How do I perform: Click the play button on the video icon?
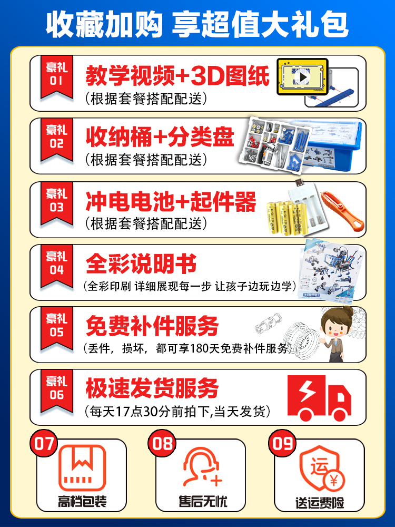pyautogui.click(x=302, y=77)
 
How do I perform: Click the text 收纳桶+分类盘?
pyautogui.click(x=160, y=138)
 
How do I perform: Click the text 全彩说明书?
pyautogui.click(x=141, y=263)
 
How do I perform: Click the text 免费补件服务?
pyautogui.click(x=152, y=327)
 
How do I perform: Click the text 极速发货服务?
pyautogui.click(x=152, y=389)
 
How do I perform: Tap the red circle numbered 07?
pyautogui.click(x=44, y=443)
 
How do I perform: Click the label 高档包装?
pyautogui.click(x=82, y=501)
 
